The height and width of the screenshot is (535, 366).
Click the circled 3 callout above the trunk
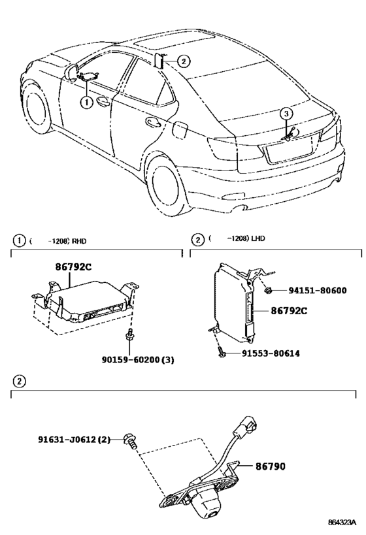coord(286,113)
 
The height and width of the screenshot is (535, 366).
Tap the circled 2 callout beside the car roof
coord(184,61)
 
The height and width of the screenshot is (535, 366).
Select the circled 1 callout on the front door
coord(86,102)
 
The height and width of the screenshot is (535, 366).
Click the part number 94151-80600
coord(317,290)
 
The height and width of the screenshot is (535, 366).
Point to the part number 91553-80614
coord(271,353)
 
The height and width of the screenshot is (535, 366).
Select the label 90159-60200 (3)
coord(138,359)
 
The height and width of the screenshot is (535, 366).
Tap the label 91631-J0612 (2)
coord(74,439)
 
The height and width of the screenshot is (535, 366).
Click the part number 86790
coord(271,466)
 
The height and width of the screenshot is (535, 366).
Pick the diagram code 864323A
coord(342,522)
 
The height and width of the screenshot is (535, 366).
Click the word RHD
coord(79,241)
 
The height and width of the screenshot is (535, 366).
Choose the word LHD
coord(258,238)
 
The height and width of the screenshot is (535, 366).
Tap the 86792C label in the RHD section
coord(73,267)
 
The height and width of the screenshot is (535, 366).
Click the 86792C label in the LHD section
coord(289,311)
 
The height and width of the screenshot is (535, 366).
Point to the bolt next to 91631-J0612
coord(131,440)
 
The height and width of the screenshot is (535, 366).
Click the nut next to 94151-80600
coord(268,290)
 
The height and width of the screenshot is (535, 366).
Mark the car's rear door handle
coord(153,122)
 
